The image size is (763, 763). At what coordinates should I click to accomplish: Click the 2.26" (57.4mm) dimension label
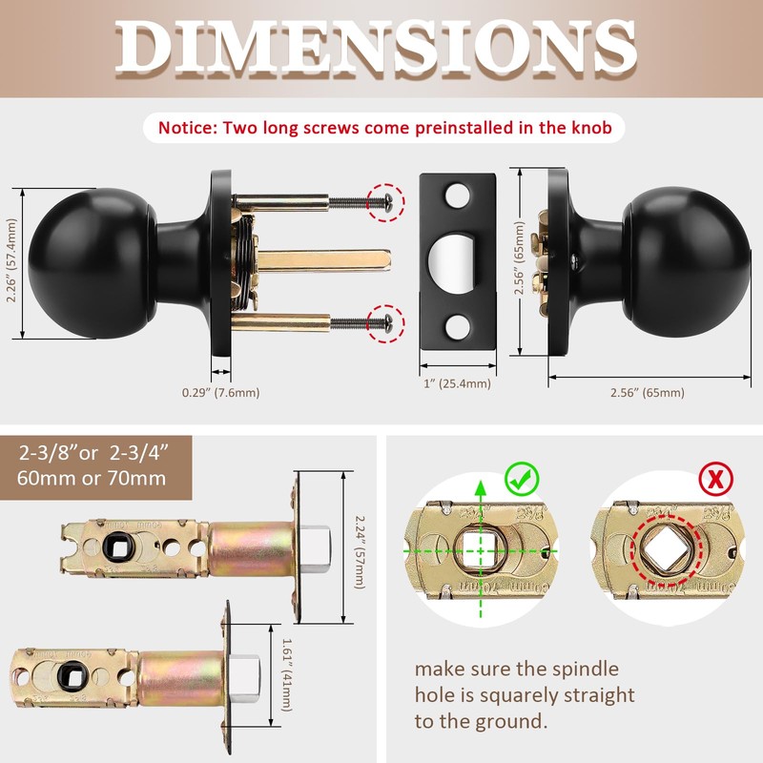(11, 261)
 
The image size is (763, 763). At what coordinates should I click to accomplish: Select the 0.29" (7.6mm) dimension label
(220, 392)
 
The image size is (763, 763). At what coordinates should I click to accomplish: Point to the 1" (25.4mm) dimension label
(457, 383)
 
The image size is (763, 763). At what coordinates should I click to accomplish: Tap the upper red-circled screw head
(386, 200)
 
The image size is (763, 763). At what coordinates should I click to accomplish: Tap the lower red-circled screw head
(386, 320)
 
